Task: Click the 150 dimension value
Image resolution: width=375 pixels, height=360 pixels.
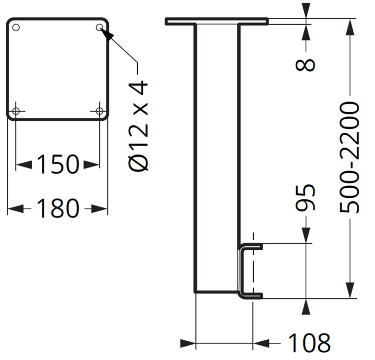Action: coord(57,165)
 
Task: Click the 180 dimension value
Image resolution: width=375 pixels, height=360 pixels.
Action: coord(57,208)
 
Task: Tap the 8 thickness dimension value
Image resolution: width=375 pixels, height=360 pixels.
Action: coord(306,64)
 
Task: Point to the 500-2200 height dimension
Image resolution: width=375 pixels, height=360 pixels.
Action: coord(350,157)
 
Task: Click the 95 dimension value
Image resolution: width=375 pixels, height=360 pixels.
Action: coord(306,197)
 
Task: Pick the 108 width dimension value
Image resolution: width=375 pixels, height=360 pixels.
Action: coord(309,343)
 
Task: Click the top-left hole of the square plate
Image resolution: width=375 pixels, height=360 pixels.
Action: coord(16,27)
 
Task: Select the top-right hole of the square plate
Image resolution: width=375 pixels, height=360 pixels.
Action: coord(99,27)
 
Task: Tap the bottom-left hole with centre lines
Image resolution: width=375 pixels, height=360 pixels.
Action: coord(16,112)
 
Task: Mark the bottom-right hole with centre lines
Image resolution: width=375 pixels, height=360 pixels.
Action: coord(100,112)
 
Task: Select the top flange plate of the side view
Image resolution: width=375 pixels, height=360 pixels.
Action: coord(216,21)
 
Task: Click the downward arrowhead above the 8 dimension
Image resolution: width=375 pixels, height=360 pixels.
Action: coord(306,11)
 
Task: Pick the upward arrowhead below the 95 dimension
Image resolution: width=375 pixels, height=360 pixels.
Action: coord(306,307)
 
